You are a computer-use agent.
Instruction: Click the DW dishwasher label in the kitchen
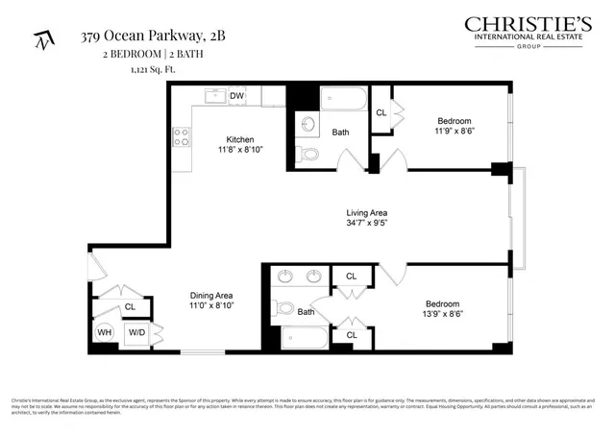(236, 96)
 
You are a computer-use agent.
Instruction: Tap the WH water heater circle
(105, 334)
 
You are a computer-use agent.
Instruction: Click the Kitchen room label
(239, 139)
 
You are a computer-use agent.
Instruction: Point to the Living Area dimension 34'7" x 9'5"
(366, 223)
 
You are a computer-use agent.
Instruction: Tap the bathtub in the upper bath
(342, 100)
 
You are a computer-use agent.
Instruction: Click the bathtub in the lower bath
(306, 338)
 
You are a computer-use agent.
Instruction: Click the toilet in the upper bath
(308, 154)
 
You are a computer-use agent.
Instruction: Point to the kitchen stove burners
(180, 137)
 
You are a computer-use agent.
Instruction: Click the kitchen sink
(213, 96)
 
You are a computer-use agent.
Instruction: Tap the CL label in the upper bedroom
(381, 112)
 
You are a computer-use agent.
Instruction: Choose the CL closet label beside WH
(129, 307)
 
